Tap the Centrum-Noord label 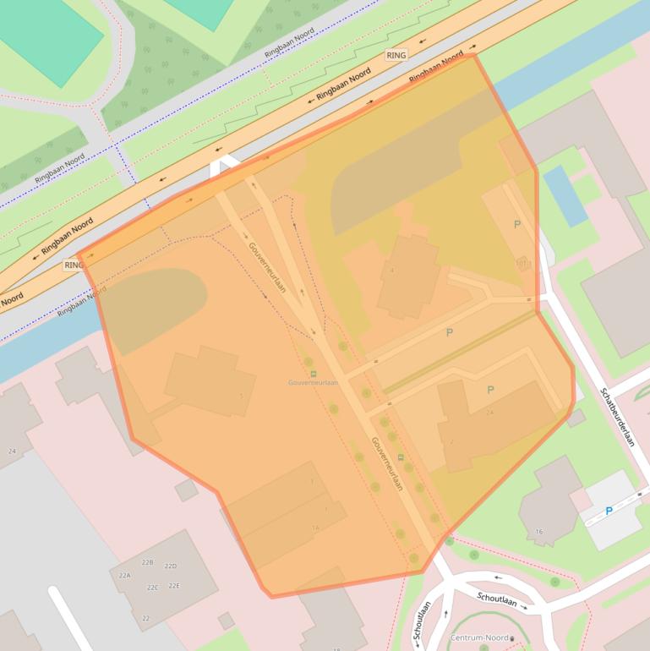(x=479, y=638)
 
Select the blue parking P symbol (x=609, y=511)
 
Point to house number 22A (x=125, y=575)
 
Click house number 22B (x=147, y=562)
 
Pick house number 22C (x=152, y=588)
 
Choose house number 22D (x=170, y=566)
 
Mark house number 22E (x=174, y=586)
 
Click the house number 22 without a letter (x=145, y=619)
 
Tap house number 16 (x=539, y=532)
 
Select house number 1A (x=315, y=528)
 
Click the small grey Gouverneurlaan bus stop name (x=313, y=383)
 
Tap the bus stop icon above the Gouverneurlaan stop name (x=314, y=373)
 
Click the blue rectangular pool (x=565, y=195)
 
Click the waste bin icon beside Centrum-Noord (x=512, y=639)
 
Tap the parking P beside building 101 (x=517, y=224)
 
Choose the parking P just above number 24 (x=490, y=390)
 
